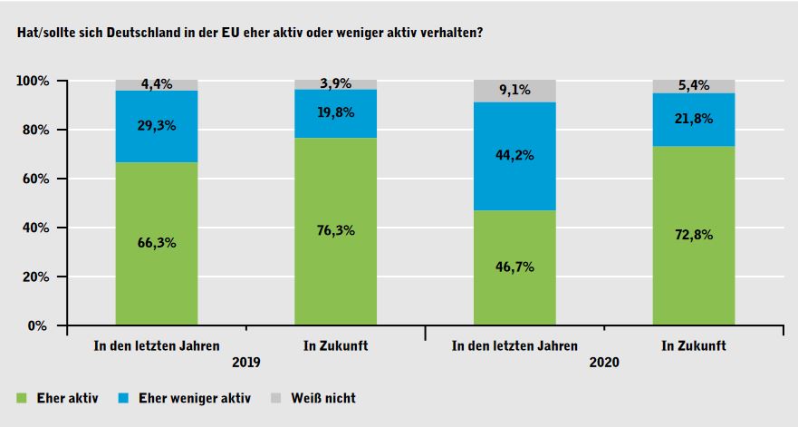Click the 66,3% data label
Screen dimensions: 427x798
(156, 244)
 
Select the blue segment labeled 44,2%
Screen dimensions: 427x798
(514, 156)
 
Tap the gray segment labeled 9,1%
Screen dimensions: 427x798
(514, 91)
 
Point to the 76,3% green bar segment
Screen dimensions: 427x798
(335, 231)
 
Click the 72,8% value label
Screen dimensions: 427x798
(694, 235)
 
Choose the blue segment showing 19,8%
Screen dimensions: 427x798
(335, 113)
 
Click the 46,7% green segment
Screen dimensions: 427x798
(514, 267)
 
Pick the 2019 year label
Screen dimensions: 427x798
(245, 363)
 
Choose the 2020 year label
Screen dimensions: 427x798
(604, 363)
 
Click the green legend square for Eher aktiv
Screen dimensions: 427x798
(22, 397)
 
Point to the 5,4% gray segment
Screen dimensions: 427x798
(694, 86)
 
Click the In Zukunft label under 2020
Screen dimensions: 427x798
(694, 345)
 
